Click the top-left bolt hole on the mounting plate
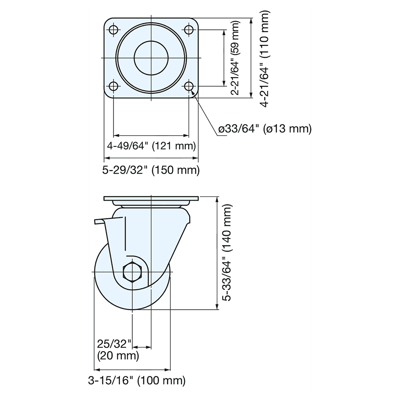click(x=114, y=30)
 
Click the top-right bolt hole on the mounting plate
click(x=189, y=30)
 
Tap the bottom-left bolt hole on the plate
click(x=114, y=86)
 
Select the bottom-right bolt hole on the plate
click(x=189, y=86)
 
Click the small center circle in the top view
click(x=152, y=58)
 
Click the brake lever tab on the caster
click(x=100, y=221)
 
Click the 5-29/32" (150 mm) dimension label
click(x=151, y=170)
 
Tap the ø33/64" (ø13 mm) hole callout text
click(x=264, y=129)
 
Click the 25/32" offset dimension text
click(x=114, y=343)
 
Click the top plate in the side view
click(x=151, y=199)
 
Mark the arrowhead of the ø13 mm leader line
click(x=193, y=92)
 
